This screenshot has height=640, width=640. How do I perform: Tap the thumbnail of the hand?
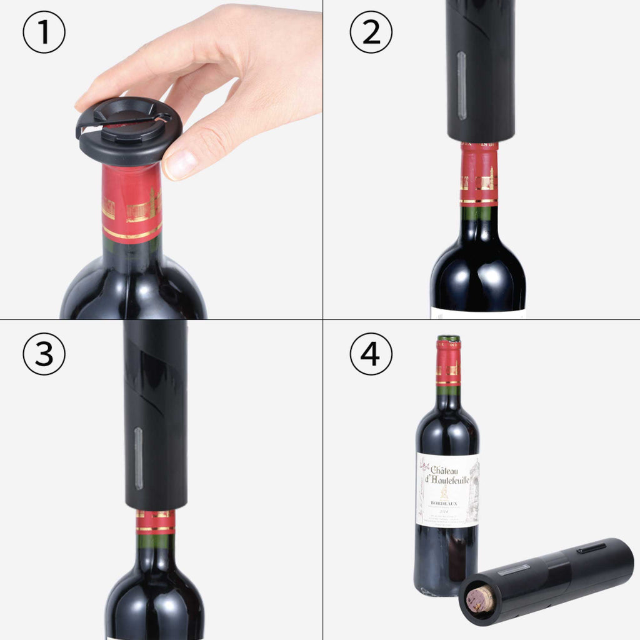click(x=181, y=164)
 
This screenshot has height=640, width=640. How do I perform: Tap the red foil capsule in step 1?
click(x=132, y=203)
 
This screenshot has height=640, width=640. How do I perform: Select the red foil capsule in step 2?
click(x=479, y=175)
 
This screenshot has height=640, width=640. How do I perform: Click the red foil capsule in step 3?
click(x=156, y=522)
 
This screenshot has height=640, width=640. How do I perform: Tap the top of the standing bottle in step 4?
click(x=448, y=339)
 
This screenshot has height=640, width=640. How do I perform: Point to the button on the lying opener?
click(x=591, y=548)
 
